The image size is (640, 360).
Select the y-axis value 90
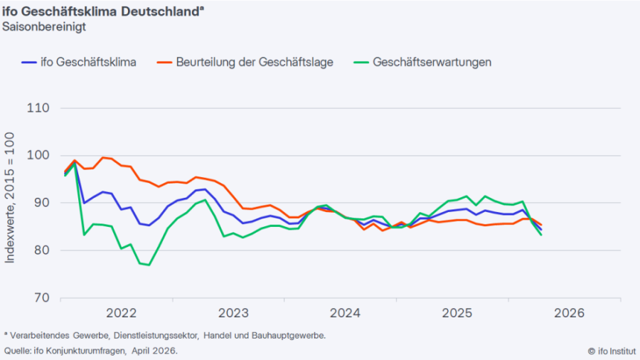tap(41, 203)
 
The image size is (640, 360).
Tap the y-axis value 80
tap(41, 250)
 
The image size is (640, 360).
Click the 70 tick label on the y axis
tap(41, 297)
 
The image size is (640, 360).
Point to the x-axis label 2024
tap(343, 313)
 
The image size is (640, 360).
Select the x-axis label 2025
tap(456, 313)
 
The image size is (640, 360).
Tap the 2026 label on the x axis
tap(568, 313)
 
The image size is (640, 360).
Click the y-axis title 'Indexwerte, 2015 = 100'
tap(10, 203)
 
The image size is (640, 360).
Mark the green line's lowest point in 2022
tap(149, 265)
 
